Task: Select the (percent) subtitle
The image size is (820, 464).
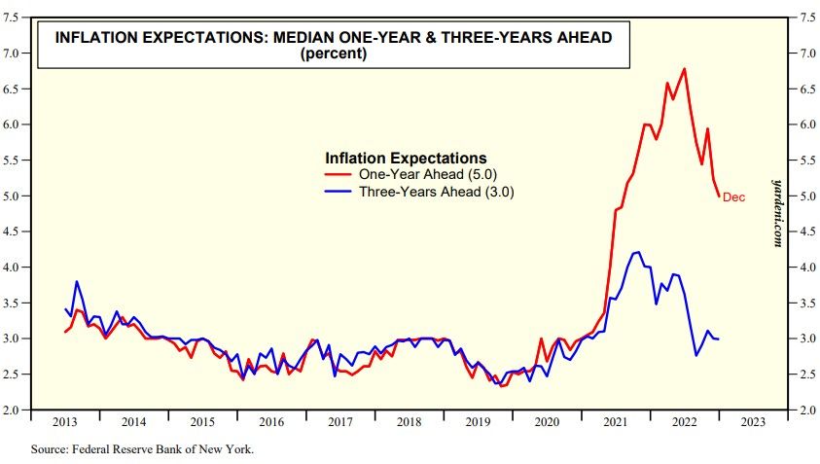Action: [x=334, y=54]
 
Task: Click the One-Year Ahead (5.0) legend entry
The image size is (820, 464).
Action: [x=420, y=174]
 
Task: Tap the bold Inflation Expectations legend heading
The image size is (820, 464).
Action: [x=406, y=157]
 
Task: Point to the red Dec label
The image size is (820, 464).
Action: [x=733, y=197]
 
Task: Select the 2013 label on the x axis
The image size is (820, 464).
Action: [x=65, y=422]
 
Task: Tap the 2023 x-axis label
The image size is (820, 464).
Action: [x=752, y=422]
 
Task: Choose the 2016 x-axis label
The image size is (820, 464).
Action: [x=271, y=422]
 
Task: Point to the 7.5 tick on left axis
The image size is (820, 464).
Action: [x=13, y=18]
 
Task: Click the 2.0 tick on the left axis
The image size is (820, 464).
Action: [x=13, y=410]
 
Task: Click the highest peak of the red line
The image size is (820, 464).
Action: [x=685, y=69]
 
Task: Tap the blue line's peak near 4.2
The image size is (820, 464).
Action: [x=638, y=252]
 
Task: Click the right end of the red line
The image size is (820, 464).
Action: [x=719, y=196]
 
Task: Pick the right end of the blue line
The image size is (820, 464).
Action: [x=719, y=339]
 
